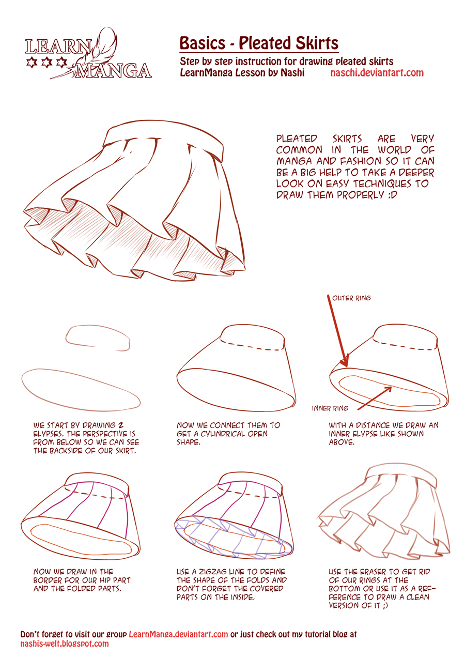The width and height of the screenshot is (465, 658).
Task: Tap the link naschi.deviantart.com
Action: click(377, 73)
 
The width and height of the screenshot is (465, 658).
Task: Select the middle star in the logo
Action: click(45, 63)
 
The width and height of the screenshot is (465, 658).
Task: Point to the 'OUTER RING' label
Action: click(351, 298)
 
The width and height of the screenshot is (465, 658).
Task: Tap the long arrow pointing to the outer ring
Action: click(337, 331)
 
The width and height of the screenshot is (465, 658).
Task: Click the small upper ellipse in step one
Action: click(98, 335)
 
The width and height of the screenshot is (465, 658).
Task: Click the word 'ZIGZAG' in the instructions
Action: click(218, 572)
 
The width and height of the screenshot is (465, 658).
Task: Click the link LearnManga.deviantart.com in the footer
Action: click(178, 634)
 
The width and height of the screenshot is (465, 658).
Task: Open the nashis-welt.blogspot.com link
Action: click(65, 644)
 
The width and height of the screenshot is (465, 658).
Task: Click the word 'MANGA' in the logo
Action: click(113, 70)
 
